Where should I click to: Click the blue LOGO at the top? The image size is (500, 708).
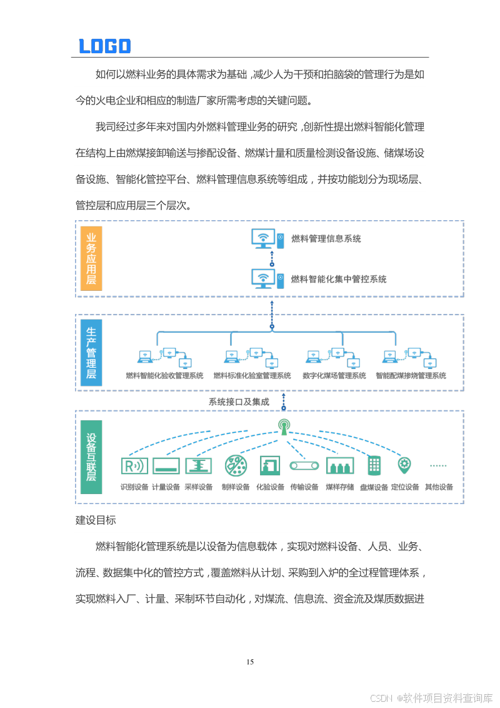coord(104,46)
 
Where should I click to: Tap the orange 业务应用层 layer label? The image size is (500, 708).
coord(92,258)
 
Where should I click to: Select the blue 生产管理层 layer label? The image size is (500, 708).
coord(92,353)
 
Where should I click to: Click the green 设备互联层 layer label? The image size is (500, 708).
coord(92,457)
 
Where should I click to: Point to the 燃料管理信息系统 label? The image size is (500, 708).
coord(326,238)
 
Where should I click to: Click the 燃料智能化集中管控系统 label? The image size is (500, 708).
coord(339,279)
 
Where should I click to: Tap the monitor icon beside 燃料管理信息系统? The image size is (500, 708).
coord(263,238)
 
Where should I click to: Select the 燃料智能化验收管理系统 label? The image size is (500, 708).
coord(164,376)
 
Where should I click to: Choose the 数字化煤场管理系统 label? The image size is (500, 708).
coord(334,376)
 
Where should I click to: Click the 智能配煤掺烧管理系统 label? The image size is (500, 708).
coord(411,376)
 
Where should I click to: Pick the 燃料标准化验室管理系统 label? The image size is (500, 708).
coord(252,376)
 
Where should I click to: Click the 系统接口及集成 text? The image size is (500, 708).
coord(239,402)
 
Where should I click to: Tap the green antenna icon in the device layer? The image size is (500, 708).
coord(284,427)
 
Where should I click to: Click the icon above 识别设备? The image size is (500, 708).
coord(134,466)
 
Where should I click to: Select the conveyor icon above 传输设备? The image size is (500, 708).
coord(304,466)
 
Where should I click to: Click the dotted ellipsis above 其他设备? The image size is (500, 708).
coord(438,466)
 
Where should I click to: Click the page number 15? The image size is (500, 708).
coord(250,662)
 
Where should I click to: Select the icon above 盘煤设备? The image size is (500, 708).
coord(374,465)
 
